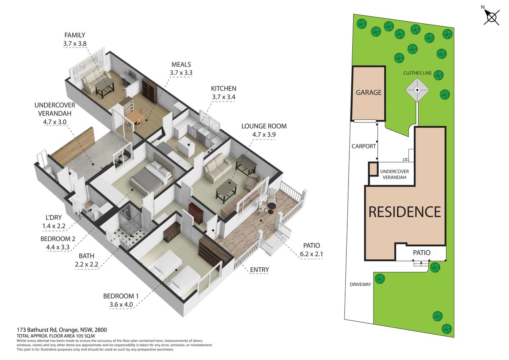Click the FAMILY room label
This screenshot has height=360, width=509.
[x=75, y=35]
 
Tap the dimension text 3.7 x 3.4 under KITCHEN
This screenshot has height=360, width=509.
[x=224, y=97]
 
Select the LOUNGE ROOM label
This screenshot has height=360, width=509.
[x=264, y=126]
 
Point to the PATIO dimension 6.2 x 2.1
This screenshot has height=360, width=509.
[x=311, y=254]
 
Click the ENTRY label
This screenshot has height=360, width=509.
[x=259, y=270]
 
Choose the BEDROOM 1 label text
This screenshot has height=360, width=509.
[x=121, y=296]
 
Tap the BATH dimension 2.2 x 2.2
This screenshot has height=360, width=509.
[x=86, y=264]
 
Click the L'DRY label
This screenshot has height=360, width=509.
[x=54, y=218]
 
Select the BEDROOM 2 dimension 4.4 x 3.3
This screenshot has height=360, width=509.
[x=58, y=247]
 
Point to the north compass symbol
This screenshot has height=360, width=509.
[x=492, y=17]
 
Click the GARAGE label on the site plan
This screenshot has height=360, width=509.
[x=368, y=92]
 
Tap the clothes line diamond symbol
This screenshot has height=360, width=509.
[x=418, y=90]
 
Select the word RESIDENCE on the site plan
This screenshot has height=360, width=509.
[x=405, y=212]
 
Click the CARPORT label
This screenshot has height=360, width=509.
[x=363, y=146]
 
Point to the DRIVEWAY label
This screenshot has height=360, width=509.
[x=361, y=285]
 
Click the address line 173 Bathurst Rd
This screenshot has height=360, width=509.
[x=62, y=330]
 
